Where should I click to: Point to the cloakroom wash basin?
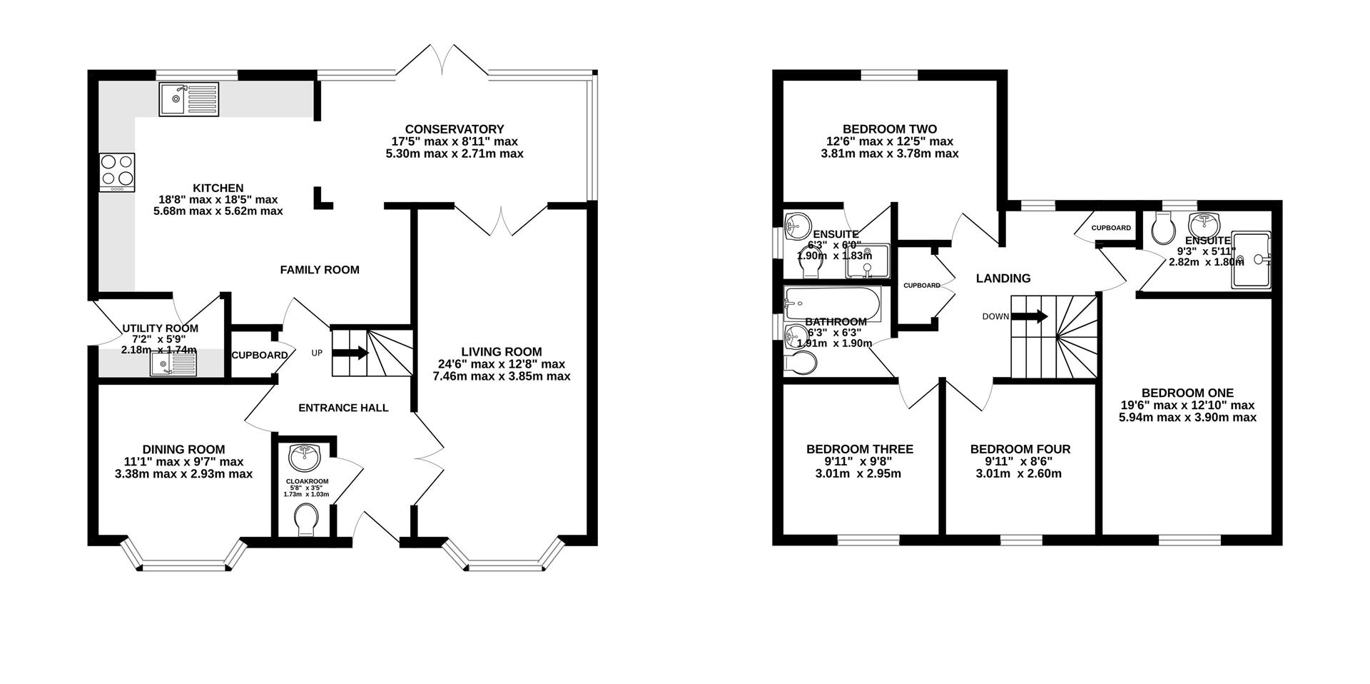click(307, 455)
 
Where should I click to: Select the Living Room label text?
click(501, 352)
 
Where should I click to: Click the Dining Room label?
click(183, 449)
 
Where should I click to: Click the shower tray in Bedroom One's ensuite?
click(1250, 261)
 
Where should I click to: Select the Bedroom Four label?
click(1020, 449)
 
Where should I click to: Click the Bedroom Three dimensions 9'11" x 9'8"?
click(859, 462)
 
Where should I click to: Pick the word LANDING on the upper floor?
click(1003, 278)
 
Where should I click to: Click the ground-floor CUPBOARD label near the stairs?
click(259, 355)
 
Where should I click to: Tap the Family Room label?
click(319, 270)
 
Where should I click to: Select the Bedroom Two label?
click(889, 129)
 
